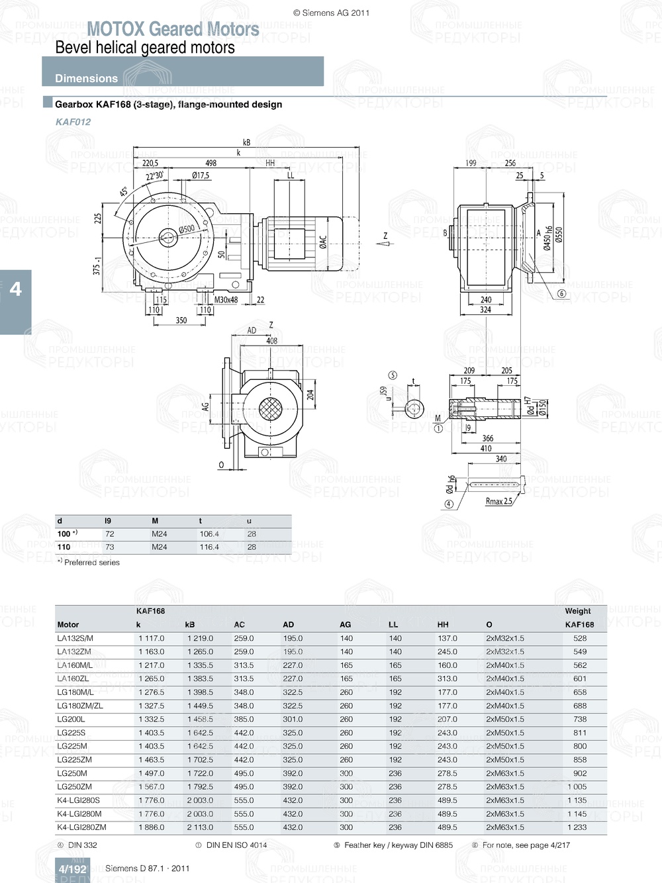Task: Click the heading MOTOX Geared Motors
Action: (173, 29)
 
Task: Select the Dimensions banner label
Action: (86, 78)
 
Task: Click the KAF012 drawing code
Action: (73, 122)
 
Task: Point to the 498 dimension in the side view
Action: (211, 163)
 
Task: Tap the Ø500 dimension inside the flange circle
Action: (187, 229)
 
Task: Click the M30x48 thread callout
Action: (226, 300)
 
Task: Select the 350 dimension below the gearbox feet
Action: (181, 320)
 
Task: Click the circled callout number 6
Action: (561, 294)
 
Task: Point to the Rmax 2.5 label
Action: (498, 502)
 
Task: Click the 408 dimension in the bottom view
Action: (271, 341)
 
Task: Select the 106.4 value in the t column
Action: (209, 534)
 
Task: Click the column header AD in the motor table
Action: (288, 624)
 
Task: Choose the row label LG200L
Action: (71, 719)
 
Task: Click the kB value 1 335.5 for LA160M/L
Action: (200, 665)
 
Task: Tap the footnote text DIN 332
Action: (82, 845)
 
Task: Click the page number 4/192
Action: (72, 869)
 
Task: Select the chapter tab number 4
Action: (15, 289)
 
